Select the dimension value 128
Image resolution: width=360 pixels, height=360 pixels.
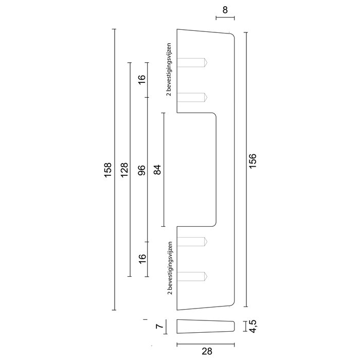124,170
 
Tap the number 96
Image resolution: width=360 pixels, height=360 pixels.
142,170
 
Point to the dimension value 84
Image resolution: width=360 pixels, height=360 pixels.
157,170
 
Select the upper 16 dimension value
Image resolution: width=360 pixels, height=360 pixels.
142,80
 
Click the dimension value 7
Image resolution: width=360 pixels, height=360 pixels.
159,326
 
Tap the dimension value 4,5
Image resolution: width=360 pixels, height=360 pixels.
253,326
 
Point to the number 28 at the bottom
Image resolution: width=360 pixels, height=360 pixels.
206,352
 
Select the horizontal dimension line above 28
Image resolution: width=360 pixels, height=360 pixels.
206,343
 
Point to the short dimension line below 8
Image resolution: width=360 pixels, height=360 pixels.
225,19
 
